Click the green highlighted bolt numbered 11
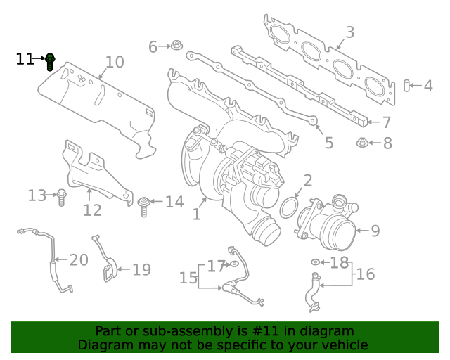click(x=50, y=62)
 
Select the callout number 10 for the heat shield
click(x=114, y=63)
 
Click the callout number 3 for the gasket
click(x=349, y=32)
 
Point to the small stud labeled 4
click(x=406, y=86)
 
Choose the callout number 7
click(x=386, y=122)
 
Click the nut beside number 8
click(x=362, y=143)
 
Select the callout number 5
click(x=328, y=143)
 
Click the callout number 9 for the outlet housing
click(x=375, y=231)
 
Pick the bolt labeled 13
click(x=61, y=197)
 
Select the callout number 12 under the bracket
click(x=92, y=210)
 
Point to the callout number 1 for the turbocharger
click(x=197, y=214)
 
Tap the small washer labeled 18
click(x=315, y=263)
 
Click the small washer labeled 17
click(x=233, y=265)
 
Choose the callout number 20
click(x=79, y=260)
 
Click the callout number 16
click(x=366, y=274)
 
